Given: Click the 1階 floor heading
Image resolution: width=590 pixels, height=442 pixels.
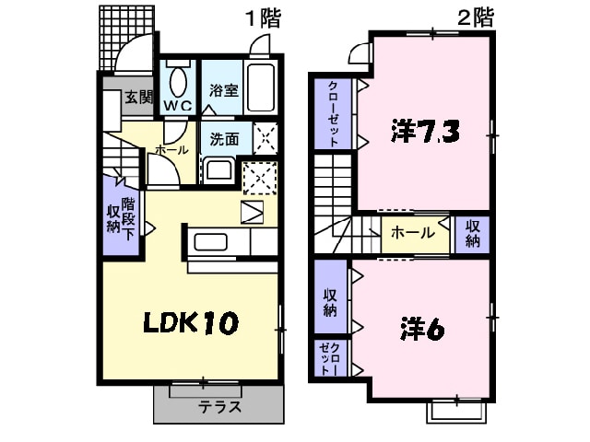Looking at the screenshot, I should click(263, 18).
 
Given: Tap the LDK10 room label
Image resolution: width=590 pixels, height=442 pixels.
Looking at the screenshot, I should click(190, 323).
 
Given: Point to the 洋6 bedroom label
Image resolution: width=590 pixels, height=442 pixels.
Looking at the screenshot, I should click(422, 328).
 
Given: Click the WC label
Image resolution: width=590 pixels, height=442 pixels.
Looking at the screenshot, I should click(177, 106).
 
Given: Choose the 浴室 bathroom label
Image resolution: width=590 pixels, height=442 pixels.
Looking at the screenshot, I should click(223, 91).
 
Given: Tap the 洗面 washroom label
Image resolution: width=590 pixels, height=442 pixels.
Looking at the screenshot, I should click(224, 140).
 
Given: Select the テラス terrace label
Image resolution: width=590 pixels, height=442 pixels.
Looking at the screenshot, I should click(219, 406).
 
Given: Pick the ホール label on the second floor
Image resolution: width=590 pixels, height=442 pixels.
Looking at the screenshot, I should click(413, 233).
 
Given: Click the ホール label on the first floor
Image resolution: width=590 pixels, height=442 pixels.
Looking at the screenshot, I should click(171, 149).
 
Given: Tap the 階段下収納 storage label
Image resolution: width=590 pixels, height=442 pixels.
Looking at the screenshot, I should click(120, 214).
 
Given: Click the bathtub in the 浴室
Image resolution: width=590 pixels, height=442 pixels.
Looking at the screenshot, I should click(262, 88).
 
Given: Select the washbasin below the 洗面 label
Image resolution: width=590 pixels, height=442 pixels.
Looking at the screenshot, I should click(218, 169).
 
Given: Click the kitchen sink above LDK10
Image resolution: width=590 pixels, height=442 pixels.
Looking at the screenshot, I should click(210, 243).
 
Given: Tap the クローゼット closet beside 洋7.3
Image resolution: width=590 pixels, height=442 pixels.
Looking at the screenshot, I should click(333, 114).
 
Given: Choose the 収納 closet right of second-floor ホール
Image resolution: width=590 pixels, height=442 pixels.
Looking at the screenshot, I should click(472, 234).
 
